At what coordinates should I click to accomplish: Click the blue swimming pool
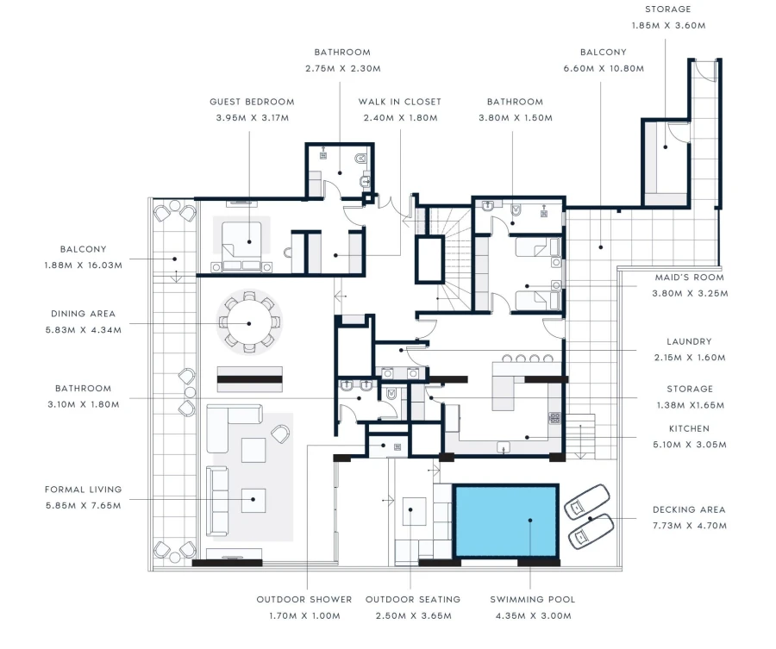pyautogui.click(x=505, y=521)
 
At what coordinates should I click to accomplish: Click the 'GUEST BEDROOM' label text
pyautogui.click(x=252, y=102)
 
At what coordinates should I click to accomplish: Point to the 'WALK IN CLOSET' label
pyautogui.click(x=400, y=102)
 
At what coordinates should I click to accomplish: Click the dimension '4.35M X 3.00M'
pyautogui.click(x=532, y=615)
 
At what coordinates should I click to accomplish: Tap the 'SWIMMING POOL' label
pyautogui.click(x=532, y=599)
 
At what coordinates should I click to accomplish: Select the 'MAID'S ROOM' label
pyautogui.click(x=689, y=278)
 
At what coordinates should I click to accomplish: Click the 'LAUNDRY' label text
pyautogui.click(x=689, y=341)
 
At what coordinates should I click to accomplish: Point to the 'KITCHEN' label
pyautogui.click(x=689, y=428)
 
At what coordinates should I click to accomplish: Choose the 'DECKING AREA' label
pyautogui.click(x=689, y=509)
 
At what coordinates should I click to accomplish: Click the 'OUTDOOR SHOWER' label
pyautogui.click(x=304, y=599)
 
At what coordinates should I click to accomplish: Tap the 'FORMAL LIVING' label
pyautogui.click(x=84, y=490)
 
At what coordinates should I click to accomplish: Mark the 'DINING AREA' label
pyautogui.click(x=84, y=314)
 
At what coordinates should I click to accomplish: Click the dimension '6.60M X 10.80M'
pyautogui.click(x=603, y=68)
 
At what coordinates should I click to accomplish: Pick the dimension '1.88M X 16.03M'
pyautogui.click(x=84, y=265)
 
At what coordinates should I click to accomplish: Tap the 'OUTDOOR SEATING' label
pyautogui.click(x=413, y=599)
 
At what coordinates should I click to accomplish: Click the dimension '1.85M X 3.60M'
pyautogui.click(x=667, y=25)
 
